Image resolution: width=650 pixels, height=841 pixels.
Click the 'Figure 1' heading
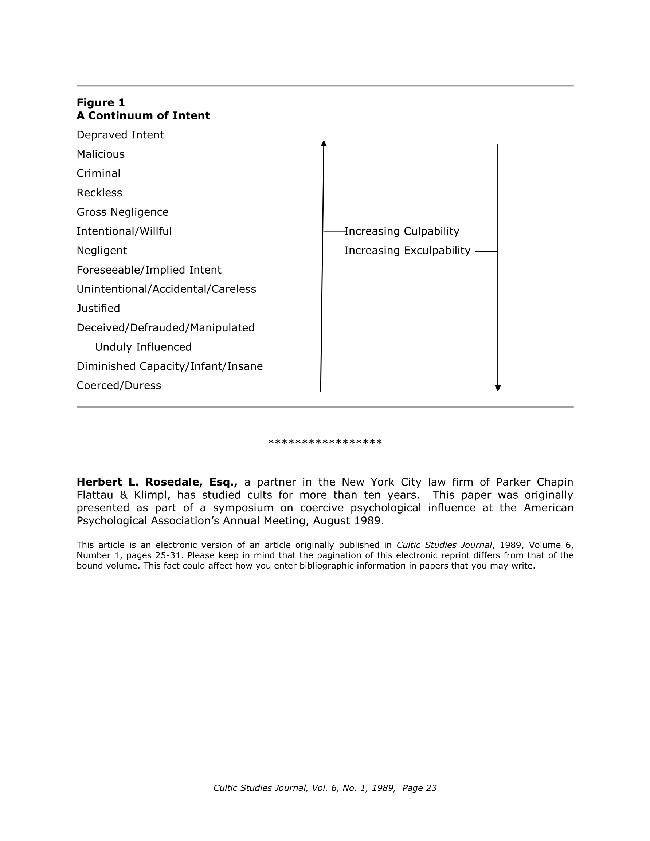click(x=101, y=102)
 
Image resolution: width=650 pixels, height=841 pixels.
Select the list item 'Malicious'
click(x=101, y=154)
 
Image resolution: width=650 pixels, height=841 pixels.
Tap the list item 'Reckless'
click(x=99, y=193)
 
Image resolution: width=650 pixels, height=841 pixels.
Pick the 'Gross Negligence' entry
click(x=122, y=212)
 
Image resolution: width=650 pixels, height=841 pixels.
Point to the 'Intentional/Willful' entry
click(x=124, y=231)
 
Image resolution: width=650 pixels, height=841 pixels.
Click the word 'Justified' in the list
click(x=98, y=308)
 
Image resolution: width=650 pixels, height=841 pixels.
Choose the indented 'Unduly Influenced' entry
click(x=143, y=347)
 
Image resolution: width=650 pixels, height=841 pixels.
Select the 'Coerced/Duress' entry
click(x=119, y=385)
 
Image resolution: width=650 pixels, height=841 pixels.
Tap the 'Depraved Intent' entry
click(x=120, y=135)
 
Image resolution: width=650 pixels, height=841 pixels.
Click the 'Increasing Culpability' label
click(x=402, y=231)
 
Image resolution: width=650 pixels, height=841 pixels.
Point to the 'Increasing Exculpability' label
click(x=407, y=250)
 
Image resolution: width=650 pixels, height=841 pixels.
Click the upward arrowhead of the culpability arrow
click(x=324, y=144)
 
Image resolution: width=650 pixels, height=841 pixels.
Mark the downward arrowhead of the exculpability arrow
click(x=498, y=388)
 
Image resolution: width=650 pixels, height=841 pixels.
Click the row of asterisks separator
click(x=325, y=442)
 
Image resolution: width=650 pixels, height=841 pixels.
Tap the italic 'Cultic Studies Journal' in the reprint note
click(x=444, y=545)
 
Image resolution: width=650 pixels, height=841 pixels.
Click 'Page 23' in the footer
click(x=420, y=788)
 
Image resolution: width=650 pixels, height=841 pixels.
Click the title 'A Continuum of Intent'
click(x=143, y=115)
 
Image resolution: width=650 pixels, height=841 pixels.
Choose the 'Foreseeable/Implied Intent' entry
click(x=149, y=270)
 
